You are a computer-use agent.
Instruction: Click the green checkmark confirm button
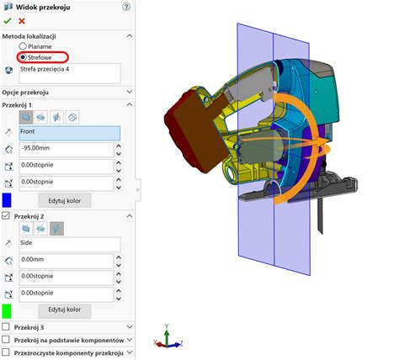(8, 21)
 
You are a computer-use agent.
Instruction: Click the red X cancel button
(22, 21)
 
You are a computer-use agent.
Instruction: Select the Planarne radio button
(23, 46)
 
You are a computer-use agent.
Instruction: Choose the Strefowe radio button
(23, 57)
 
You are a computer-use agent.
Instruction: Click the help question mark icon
(126, 7)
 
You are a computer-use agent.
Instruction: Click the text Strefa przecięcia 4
(45, 69)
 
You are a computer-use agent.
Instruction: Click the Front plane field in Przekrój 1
(70, 133)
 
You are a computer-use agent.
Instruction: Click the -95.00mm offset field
(66, 150)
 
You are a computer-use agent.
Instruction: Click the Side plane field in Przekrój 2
(70, 245)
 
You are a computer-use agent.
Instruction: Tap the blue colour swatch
(7, 200)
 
